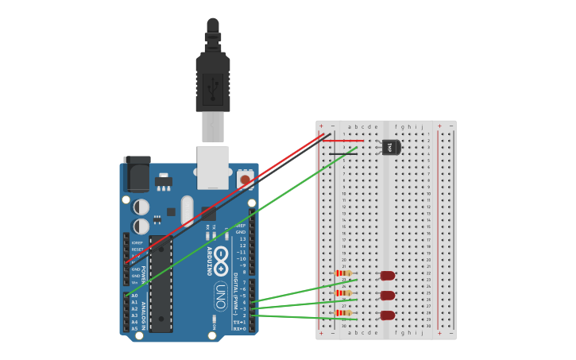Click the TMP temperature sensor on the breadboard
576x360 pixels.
click(x=391, y=147)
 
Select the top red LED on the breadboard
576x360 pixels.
click(x=388, y=276)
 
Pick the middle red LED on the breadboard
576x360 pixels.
click(x=388, y=296)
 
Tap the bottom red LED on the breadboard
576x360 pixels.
click(x=388, y=315)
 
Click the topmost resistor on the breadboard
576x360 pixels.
click(x=344, y=273)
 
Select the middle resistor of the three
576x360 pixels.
click(x=344, y=293)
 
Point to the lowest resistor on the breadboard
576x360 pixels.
click(x=344, y=313)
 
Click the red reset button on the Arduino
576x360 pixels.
click(x=245, y=180)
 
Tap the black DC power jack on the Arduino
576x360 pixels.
click(x=137, y=176)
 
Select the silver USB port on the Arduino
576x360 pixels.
click(x=213, y=167)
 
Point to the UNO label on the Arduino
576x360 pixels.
click(x=220, y=296)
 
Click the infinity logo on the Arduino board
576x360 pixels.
click(x=220, y=258)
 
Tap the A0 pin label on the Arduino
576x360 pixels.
click(x=134, y=296)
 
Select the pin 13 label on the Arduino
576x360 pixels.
click(x=242, y=238)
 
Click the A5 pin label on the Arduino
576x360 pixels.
click(x=134, y=328)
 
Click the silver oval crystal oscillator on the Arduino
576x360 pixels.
click(x=187, y=211)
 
